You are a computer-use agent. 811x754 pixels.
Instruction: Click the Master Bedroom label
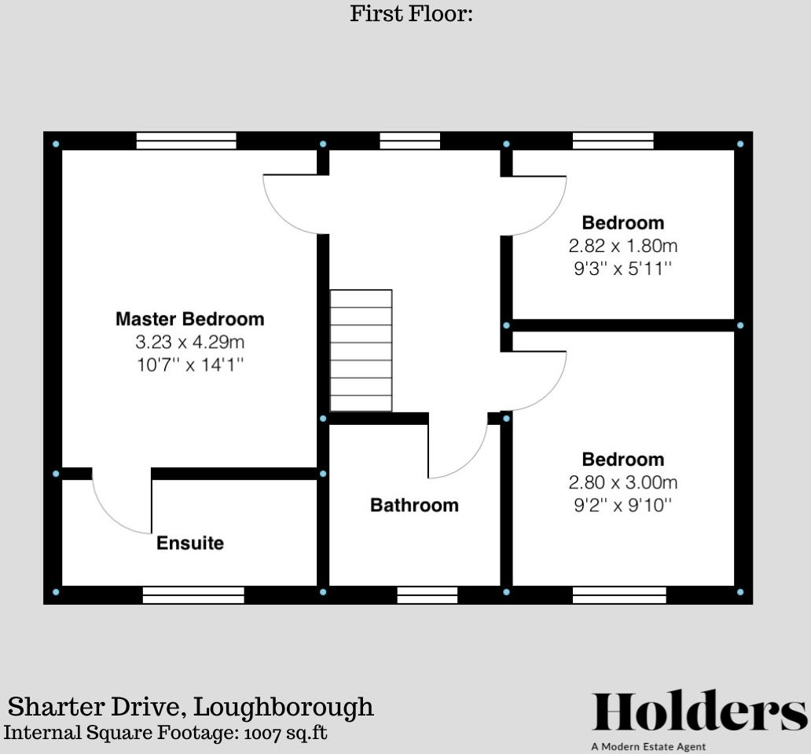[189, 319]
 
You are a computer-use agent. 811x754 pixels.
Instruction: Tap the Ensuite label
[190, 543]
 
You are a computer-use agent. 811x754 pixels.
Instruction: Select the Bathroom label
[414, 505]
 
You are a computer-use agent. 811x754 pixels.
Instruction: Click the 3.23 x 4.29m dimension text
[189, 342]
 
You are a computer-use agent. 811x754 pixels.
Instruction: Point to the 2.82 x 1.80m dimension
[623, 246]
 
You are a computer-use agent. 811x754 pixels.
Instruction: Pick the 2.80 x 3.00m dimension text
[623, 482]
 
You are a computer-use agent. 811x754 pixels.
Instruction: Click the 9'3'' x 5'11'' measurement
[623, 269]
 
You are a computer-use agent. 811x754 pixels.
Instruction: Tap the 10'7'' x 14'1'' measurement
[189, 365]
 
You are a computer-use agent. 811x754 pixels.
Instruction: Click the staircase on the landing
[361, 350]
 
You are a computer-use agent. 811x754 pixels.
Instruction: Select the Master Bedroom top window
[186, 141]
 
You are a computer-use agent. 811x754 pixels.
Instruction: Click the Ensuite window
[193, 595]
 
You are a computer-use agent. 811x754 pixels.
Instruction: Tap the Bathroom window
[428, 595]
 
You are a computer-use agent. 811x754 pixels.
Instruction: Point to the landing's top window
[409, 141]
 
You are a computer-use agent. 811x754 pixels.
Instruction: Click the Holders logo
[699, 712]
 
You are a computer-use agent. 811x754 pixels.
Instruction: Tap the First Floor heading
[411, 13]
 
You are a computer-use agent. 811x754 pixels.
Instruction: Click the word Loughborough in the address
[284, 707]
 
